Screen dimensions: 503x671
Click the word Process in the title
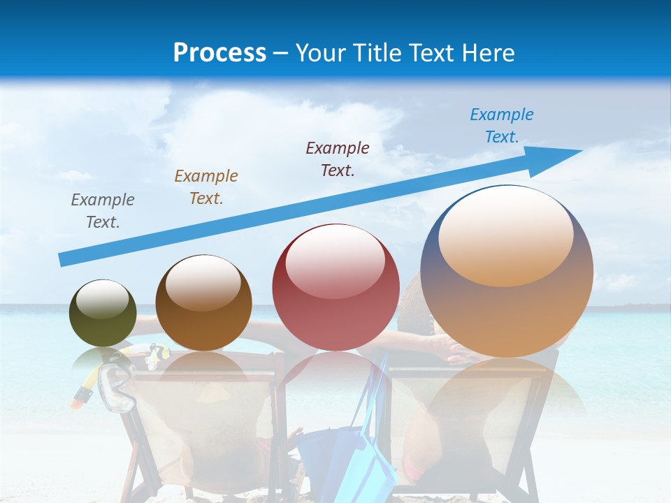219,53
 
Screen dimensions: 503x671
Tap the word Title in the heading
378,53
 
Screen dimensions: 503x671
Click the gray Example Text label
103,211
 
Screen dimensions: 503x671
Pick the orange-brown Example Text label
206,187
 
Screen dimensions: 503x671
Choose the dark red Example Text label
338,159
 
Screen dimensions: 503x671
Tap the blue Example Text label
502,126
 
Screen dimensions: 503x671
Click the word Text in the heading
430,53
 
